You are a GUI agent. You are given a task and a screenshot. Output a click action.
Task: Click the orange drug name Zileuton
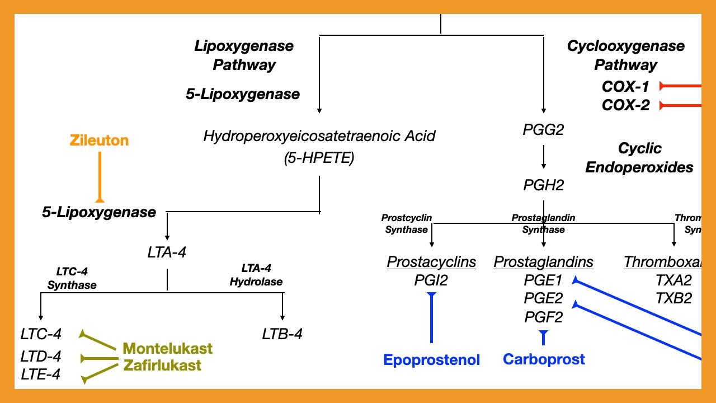pyautogui.click(x=99, y=140)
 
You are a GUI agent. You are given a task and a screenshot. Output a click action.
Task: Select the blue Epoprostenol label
pyautogui.click(x=431, y=360)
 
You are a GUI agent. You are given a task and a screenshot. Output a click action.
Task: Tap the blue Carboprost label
pyautogui.click(x=544, y=359)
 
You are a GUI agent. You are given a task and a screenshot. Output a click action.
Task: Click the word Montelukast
pyautogui.click(x=168, y=349)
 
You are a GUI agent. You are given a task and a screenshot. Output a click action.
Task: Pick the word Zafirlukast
pyautogui.click(x=162, y=366)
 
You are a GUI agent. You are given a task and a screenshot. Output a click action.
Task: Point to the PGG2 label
pyautogui.click(x=543, y=130)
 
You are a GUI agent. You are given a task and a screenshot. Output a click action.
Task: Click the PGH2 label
pyautogui.click(x=543, y=185)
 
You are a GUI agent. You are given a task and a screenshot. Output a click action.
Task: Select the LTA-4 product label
pyautogui.click(x=167, y=252)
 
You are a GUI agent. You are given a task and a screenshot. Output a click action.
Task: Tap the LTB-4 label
pyautogui.click(x=282, y=335)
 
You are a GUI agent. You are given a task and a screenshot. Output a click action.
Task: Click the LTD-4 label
pyautogui.click(x=40, y=357)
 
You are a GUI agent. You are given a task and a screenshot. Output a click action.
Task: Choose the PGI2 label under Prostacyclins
pyautogui.click(x=431, y=280)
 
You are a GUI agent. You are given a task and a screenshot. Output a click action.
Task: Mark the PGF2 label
pyautogui.click(x=543, y=317)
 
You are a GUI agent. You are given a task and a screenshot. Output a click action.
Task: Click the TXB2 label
pyautogui.click(x=673, y=298)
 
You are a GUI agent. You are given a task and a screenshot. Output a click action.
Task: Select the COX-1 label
pyautogui.click(x=625, y=87)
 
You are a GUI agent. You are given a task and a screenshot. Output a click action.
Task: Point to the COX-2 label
pyautogui.click(x=625, y=105)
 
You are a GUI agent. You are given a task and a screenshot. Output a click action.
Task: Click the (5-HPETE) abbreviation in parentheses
pyautogui.click(x=319, y=158)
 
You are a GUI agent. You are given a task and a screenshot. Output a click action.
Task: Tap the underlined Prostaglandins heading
pyautogui.click(x=543, y=262)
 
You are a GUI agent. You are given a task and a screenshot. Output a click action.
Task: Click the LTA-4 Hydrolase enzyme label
pyautogui.click(x=256, y=275)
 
